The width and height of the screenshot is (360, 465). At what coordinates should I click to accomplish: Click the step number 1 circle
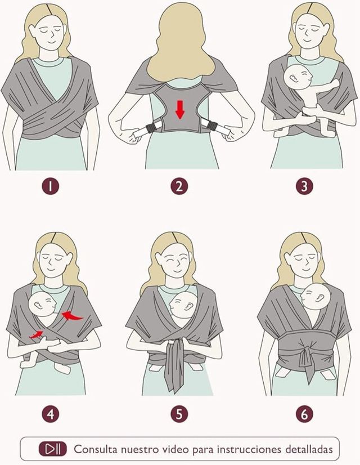tap(51, 186)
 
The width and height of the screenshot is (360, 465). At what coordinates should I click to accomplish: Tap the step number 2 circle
tap(179, 186)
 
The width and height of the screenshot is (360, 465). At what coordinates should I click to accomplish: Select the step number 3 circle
tap(304, 186)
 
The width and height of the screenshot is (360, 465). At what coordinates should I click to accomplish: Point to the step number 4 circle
tap(51, 414)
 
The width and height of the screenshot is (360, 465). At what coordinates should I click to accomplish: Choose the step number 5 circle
tap(179, 414)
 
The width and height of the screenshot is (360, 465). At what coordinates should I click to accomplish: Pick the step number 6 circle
tap(304, 414)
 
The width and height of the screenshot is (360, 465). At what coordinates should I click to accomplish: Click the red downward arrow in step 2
tap(180, 110)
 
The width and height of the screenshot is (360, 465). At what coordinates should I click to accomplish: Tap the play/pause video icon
tap(53, 449)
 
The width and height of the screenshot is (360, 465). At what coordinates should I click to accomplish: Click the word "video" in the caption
tap(176, 449)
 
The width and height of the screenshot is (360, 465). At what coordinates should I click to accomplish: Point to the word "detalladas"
tap(309, 449)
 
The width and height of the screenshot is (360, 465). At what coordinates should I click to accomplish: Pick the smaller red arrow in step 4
tap(36, 335)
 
